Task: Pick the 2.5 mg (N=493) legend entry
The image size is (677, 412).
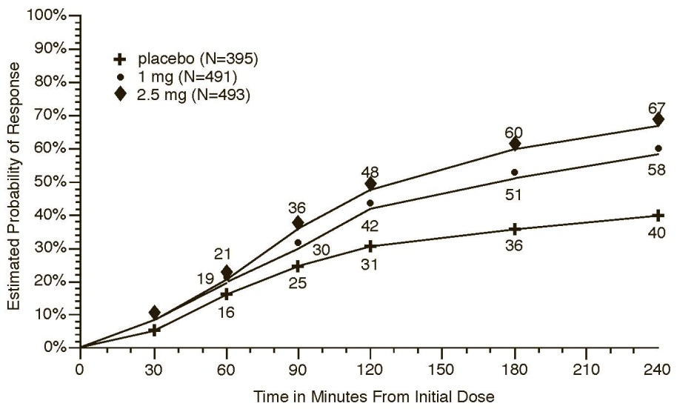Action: tap(185, 94)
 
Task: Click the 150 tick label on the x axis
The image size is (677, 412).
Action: tap(442, 369)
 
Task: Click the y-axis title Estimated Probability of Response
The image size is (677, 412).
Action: tap(14, 182)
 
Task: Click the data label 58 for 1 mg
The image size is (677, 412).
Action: tap(656, 169)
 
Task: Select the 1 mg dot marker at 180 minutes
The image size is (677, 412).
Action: tap(514, 173)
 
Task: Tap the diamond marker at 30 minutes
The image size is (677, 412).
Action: tap(154, 313)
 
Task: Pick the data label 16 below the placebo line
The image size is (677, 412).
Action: tap(226, 312)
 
